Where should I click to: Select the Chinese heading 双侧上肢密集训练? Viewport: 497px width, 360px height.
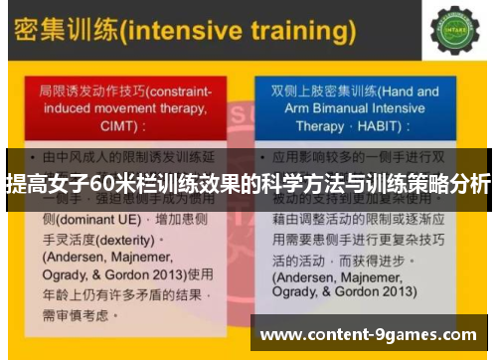coord(311,90)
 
